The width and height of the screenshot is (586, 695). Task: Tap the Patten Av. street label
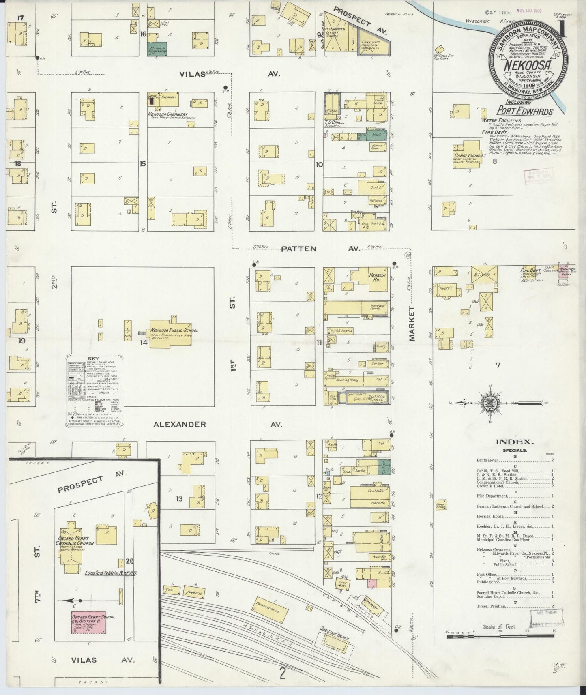pos(320,249)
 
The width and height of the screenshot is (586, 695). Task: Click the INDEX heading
pos(515,442)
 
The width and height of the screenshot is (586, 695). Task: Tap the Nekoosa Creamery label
pos(168,114)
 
